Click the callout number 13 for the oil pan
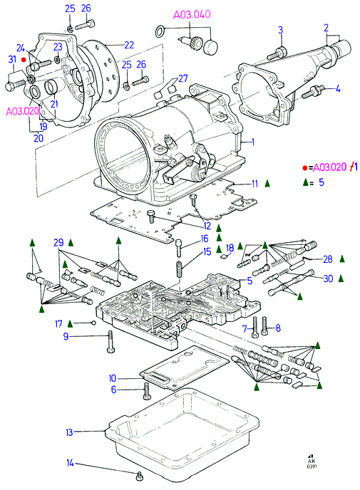69,432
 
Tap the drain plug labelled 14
140,476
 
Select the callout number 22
129,45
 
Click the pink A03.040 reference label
192,14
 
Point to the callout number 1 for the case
253,142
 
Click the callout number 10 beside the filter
113,378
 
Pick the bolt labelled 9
110,342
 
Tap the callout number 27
183,78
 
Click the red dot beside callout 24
23,59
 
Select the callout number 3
281,31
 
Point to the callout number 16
205,239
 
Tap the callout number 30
328,278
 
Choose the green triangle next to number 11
267,184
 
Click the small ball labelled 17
93,323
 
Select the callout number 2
326,28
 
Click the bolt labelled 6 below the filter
146,390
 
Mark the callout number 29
58,242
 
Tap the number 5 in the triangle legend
322,182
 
